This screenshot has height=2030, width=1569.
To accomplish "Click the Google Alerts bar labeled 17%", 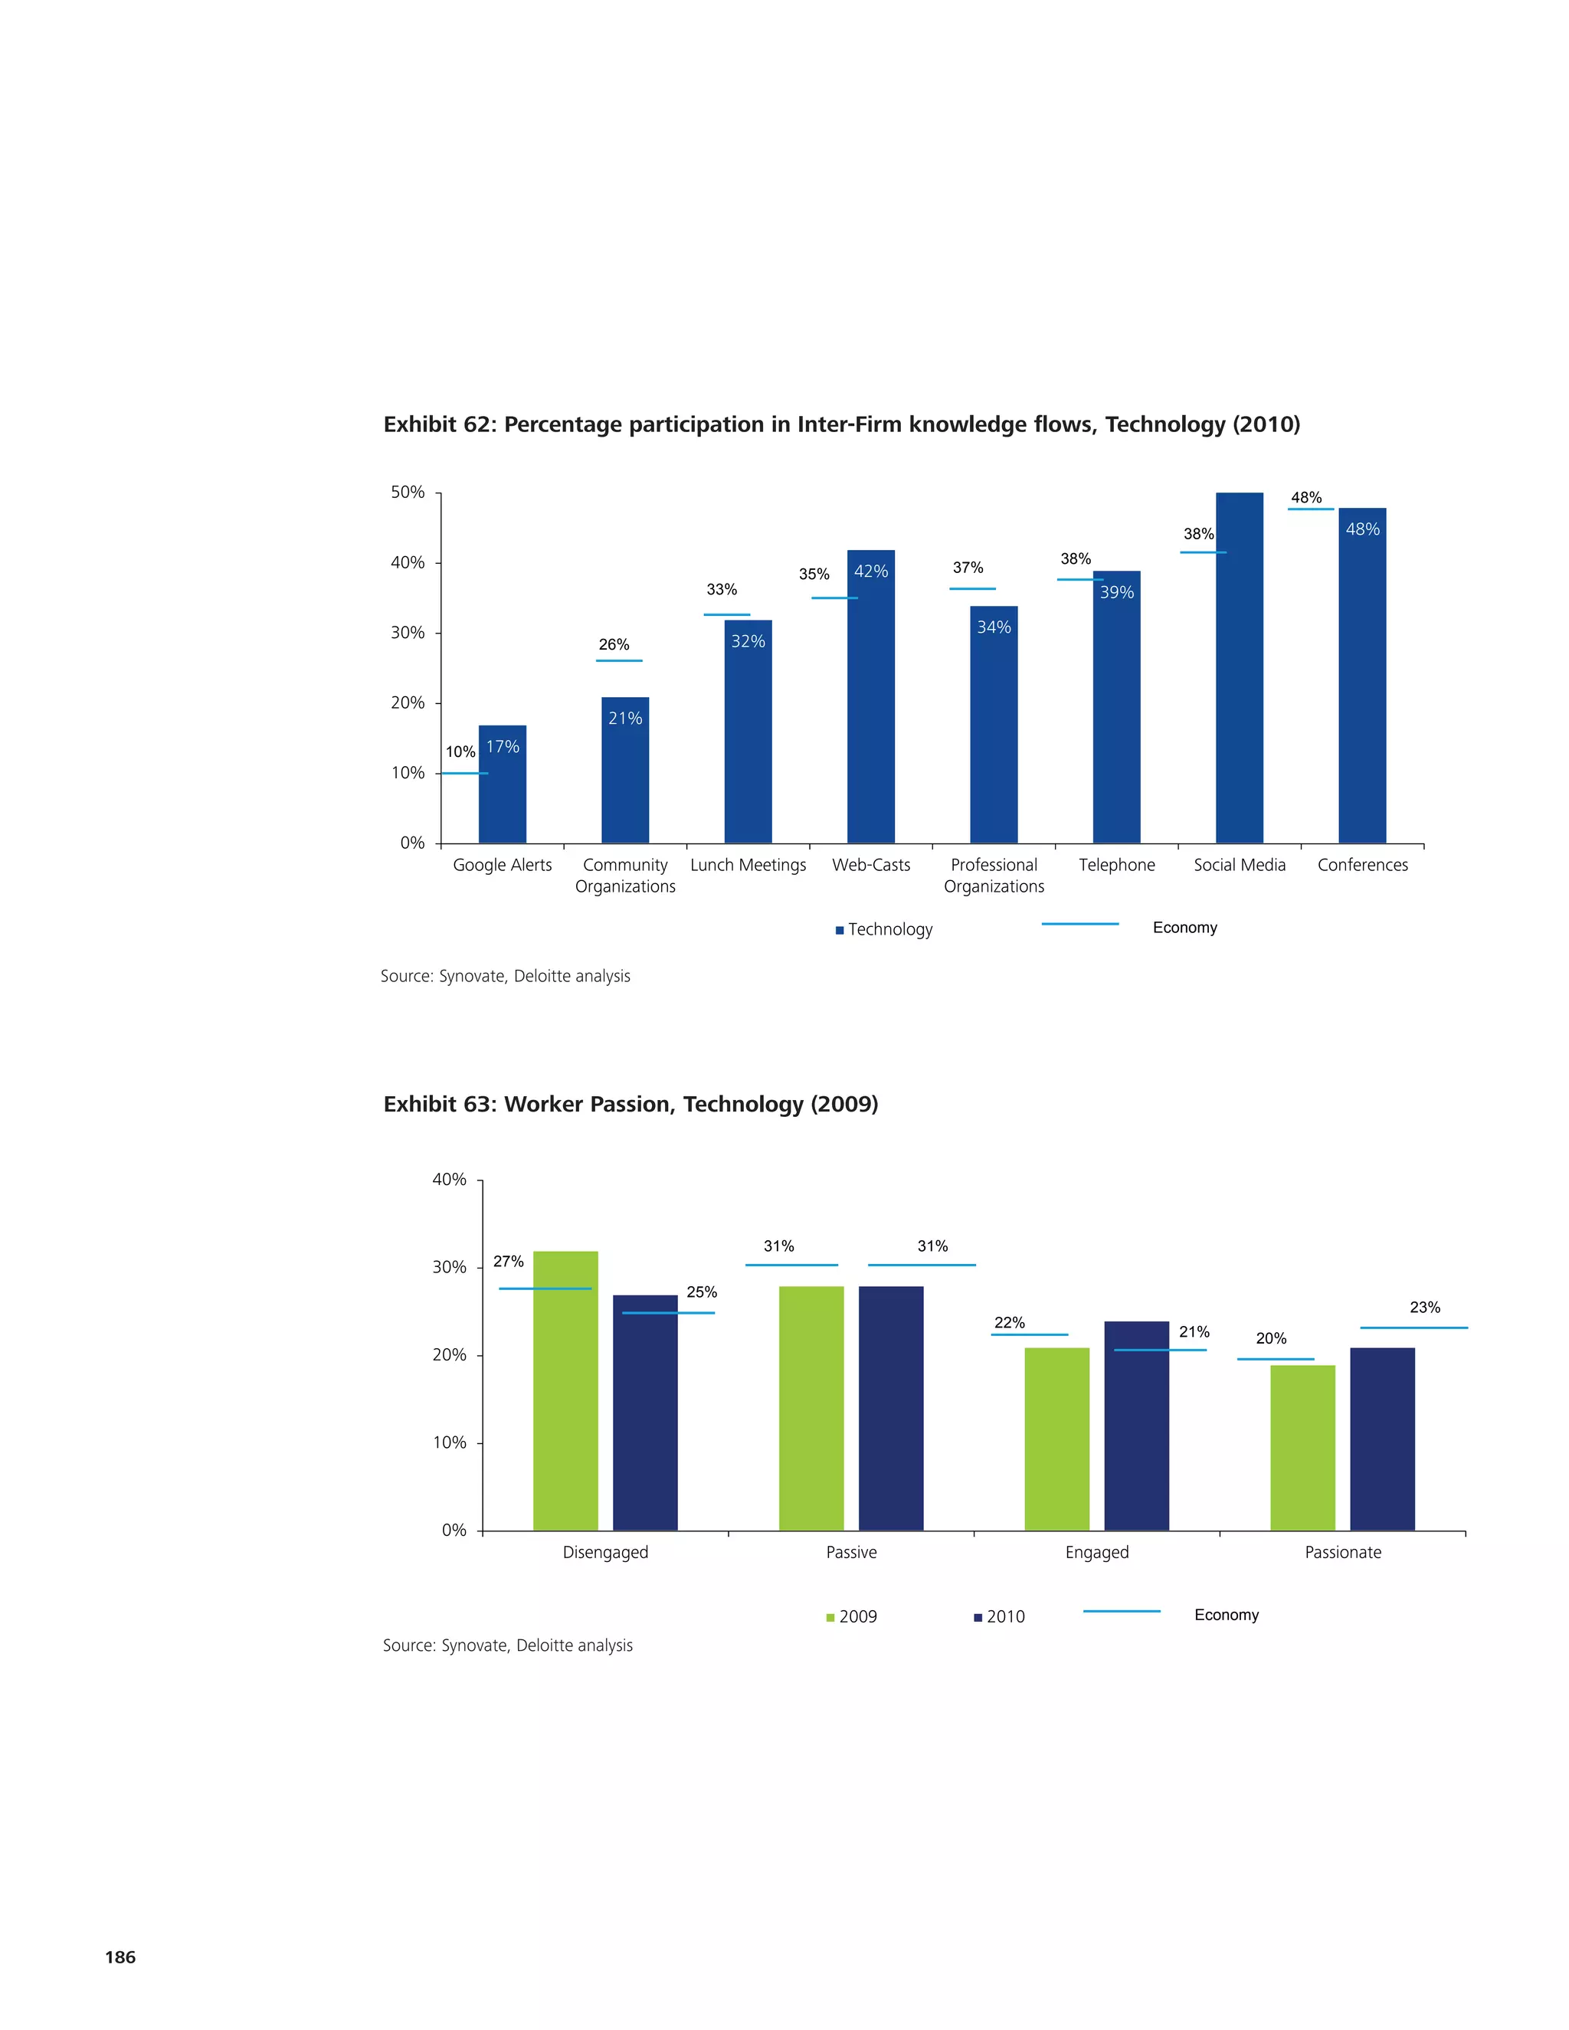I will [x=502, y=785].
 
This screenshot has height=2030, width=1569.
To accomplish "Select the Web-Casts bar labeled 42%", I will [x=871, y=697].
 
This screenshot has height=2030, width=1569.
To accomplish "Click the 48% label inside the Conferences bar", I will [x=1363, y=529].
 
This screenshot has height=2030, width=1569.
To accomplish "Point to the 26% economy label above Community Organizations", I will [x=614, y=644].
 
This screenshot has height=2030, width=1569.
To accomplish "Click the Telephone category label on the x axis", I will [x=1116, y=864].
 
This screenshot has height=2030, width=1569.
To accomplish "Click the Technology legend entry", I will [x=884, y=929].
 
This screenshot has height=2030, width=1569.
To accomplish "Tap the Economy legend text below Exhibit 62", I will [x=1184, y=928].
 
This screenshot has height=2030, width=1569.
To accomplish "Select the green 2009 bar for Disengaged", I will [x=565, y=1390].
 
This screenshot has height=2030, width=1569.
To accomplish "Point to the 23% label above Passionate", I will [x=1424, y=1307].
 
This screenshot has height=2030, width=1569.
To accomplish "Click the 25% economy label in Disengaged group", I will [x=701, y=1292].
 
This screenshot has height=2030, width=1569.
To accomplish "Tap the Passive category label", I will [x=850, y=1552].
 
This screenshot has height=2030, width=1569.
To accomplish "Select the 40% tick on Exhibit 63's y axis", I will [x=450, y=1180].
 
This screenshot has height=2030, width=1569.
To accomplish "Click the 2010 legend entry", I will [x=999, y=1617].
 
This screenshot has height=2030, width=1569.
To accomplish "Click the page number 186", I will [x=120, y=1956].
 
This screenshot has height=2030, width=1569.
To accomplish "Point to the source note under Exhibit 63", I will [x=507, y=1645].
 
